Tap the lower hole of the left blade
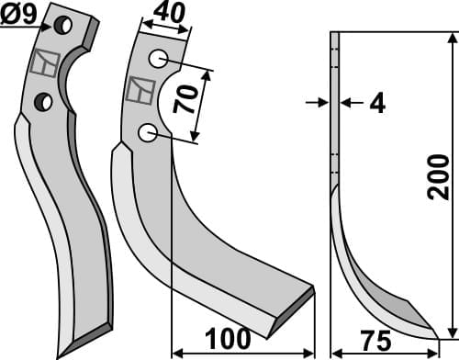pos(42,100)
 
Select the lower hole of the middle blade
pos(147,134)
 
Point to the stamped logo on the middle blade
pos(141,90)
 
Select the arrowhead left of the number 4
pos(324,102)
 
